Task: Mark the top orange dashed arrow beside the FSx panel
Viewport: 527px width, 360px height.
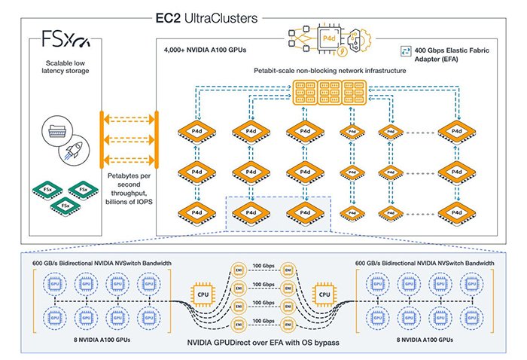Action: [129, 118]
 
